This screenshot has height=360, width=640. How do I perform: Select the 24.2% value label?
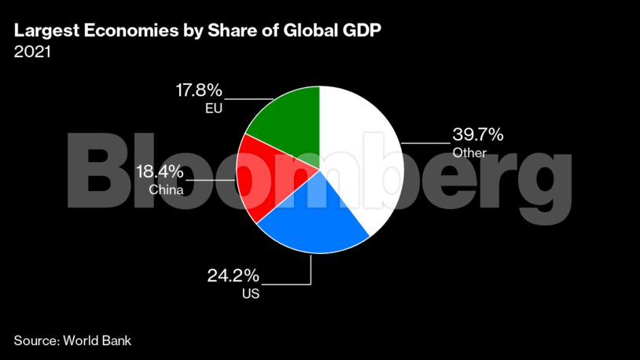[x=233, y=277]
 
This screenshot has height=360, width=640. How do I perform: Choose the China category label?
[x=166, y=189]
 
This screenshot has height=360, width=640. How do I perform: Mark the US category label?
[x=251, y=295]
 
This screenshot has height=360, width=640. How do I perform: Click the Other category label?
[x=469, y=152]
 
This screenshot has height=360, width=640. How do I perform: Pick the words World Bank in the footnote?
[x=97, y=340]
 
